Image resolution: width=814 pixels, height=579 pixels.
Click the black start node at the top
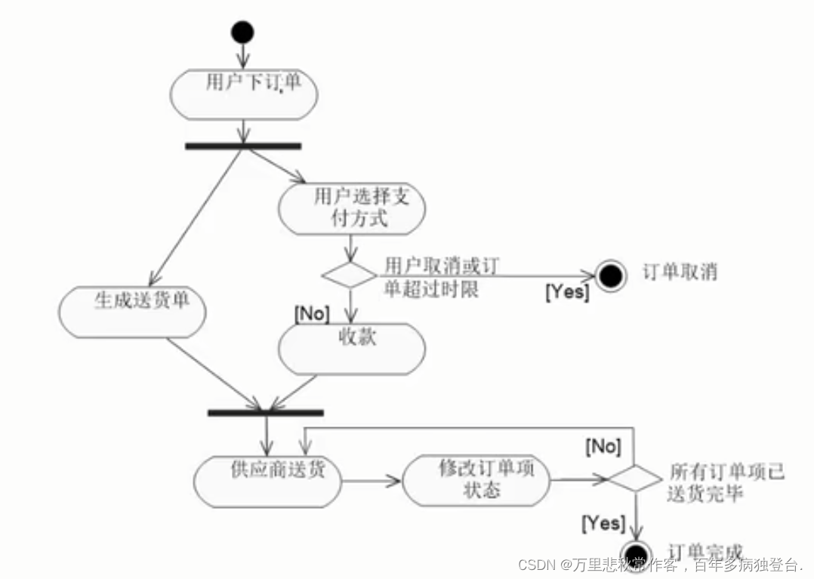[242, 32]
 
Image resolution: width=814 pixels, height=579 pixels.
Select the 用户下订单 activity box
[244, 94]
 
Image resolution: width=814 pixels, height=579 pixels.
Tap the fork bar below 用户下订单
[243, 146]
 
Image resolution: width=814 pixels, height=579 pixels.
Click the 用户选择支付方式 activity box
[351, 208]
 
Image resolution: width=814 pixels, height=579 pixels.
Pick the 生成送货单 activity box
[132, 312]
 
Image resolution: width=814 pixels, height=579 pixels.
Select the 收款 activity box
[352, 348]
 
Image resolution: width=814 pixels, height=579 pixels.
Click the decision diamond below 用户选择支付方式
[349, 275]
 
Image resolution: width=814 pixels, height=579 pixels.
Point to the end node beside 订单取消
[610, 276]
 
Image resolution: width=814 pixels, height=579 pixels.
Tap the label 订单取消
[680, 272]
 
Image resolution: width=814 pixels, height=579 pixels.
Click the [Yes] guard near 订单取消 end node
[566, 291]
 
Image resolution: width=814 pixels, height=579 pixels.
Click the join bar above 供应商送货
[265, 413]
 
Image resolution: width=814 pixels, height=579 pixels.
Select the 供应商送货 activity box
[268, 481]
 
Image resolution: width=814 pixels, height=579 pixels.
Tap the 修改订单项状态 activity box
[476, 480]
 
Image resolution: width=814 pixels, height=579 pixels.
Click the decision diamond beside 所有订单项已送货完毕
[634, 479]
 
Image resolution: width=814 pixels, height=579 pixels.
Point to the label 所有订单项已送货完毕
[726, 483]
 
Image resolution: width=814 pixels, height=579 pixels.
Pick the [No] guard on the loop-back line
[603, 446]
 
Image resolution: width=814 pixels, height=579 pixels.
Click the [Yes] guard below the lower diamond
[603, 522]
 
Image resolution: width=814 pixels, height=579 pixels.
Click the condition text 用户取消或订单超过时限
[442, 277]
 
